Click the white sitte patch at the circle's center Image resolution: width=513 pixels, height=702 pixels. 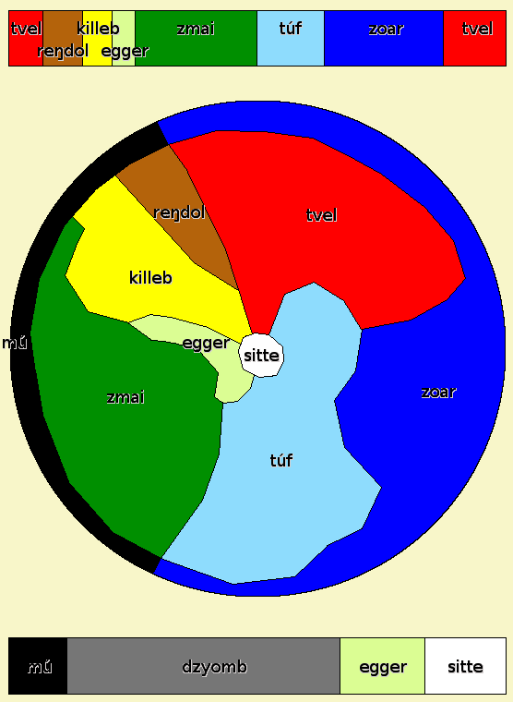(262, 356)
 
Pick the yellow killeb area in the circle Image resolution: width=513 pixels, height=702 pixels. (152, 278)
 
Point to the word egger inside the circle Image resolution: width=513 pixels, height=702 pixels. (206, 344)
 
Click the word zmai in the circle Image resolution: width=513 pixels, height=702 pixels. (125, 397)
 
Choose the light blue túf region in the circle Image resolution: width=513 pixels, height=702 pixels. (286, 461)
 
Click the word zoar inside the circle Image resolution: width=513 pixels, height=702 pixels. (438, 393)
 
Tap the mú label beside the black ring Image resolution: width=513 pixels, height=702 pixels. (15, 343)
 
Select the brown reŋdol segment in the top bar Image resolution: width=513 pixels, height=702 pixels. (63, 39)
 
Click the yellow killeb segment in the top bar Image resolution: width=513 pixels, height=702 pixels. (97, 39)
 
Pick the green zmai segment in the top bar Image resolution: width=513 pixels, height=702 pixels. (196, 39)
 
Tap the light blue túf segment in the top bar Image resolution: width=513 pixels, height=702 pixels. (291, 39)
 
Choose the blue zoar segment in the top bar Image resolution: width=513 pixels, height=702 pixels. (384, 39)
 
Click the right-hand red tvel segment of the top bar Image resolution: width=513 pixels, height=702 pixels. (474, 39)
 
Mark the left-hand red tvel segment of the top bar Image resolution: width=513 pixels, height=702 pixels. (26, 39)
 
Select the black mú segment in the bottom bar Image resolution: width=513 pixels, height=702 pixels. (38, 666)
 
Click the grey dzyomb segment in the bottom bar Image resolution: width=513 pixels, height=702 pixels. (204, 666)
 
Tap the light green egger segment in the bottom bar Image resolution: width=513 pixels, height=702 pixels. (382, 666)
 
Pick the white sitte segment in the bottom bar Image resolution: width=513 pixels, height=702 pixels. (465, 666)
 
